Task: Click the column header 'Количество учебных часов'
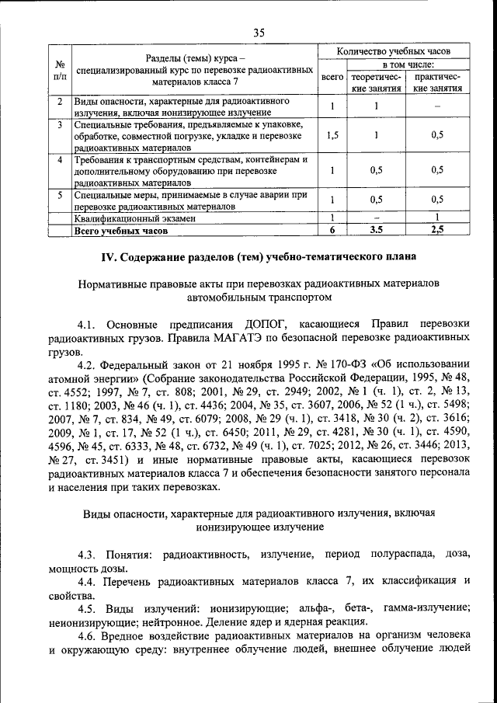coord(394,51)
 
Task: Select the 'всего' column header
coord(332,78)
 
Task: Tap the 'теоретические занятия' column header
coord(376,83)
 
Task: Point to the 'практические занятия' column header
coord(439,83)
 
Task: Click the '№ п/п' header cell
coord(60,71)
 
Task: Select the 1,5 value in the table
coord(332,134)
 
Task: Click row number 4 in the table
coord(60,160)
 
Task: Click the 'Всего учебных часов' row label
coord(121,231)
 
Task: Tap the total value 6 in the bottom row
coord(332,231)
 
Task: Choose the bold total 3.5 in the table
coord(376,231)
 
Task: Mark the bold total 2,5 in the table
coord(438,231)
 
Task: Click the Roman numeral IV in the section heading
coord(111,256)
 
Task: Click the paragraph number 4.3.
coord(89,554)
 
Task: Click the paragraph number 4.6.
coord(89,635)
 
